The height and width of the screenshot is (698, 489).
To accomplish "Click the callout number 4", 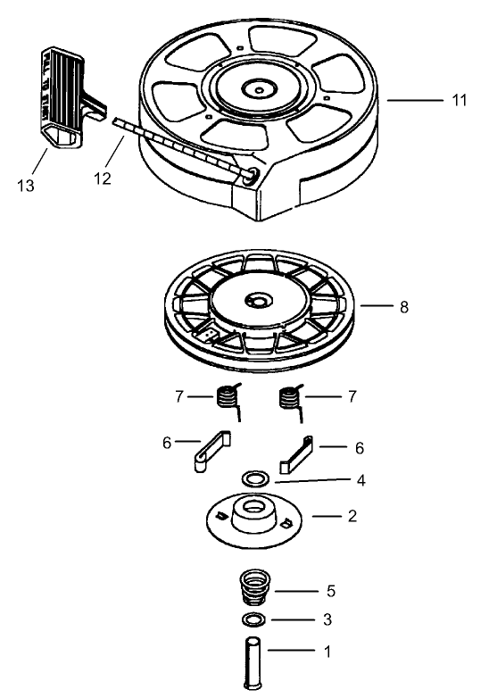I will click(x=361, y=480).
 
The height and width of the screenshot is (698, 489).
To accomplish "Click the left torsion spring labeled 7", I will click(x=230, y=395).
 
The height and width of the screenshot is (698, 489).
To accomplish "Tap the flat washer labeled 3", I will click(x=256, y=619).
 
